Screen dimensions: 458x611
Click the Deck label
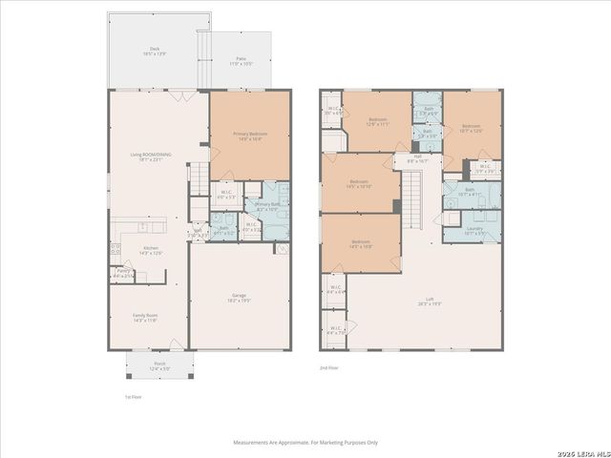(154, 52)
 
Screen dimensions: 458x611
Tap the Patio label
(240, 61)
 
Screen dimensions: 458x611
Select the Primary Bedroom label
(249, 135)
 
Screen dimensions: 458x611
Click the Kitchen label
(150, 250)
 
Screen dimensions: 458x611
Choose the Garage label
(240, 298)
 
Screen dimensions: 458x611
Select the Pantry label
(123, 273)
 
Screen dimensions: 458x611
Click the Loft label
(423, 302)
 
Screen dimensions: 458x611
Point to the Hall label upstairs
(417, 159)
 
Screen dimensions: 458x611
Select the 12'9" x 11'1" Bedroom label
(377, 121)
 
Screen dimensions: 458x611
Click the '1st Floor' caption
(134, 396)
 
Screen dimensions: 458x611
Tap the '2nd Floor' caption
(328, 367)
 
